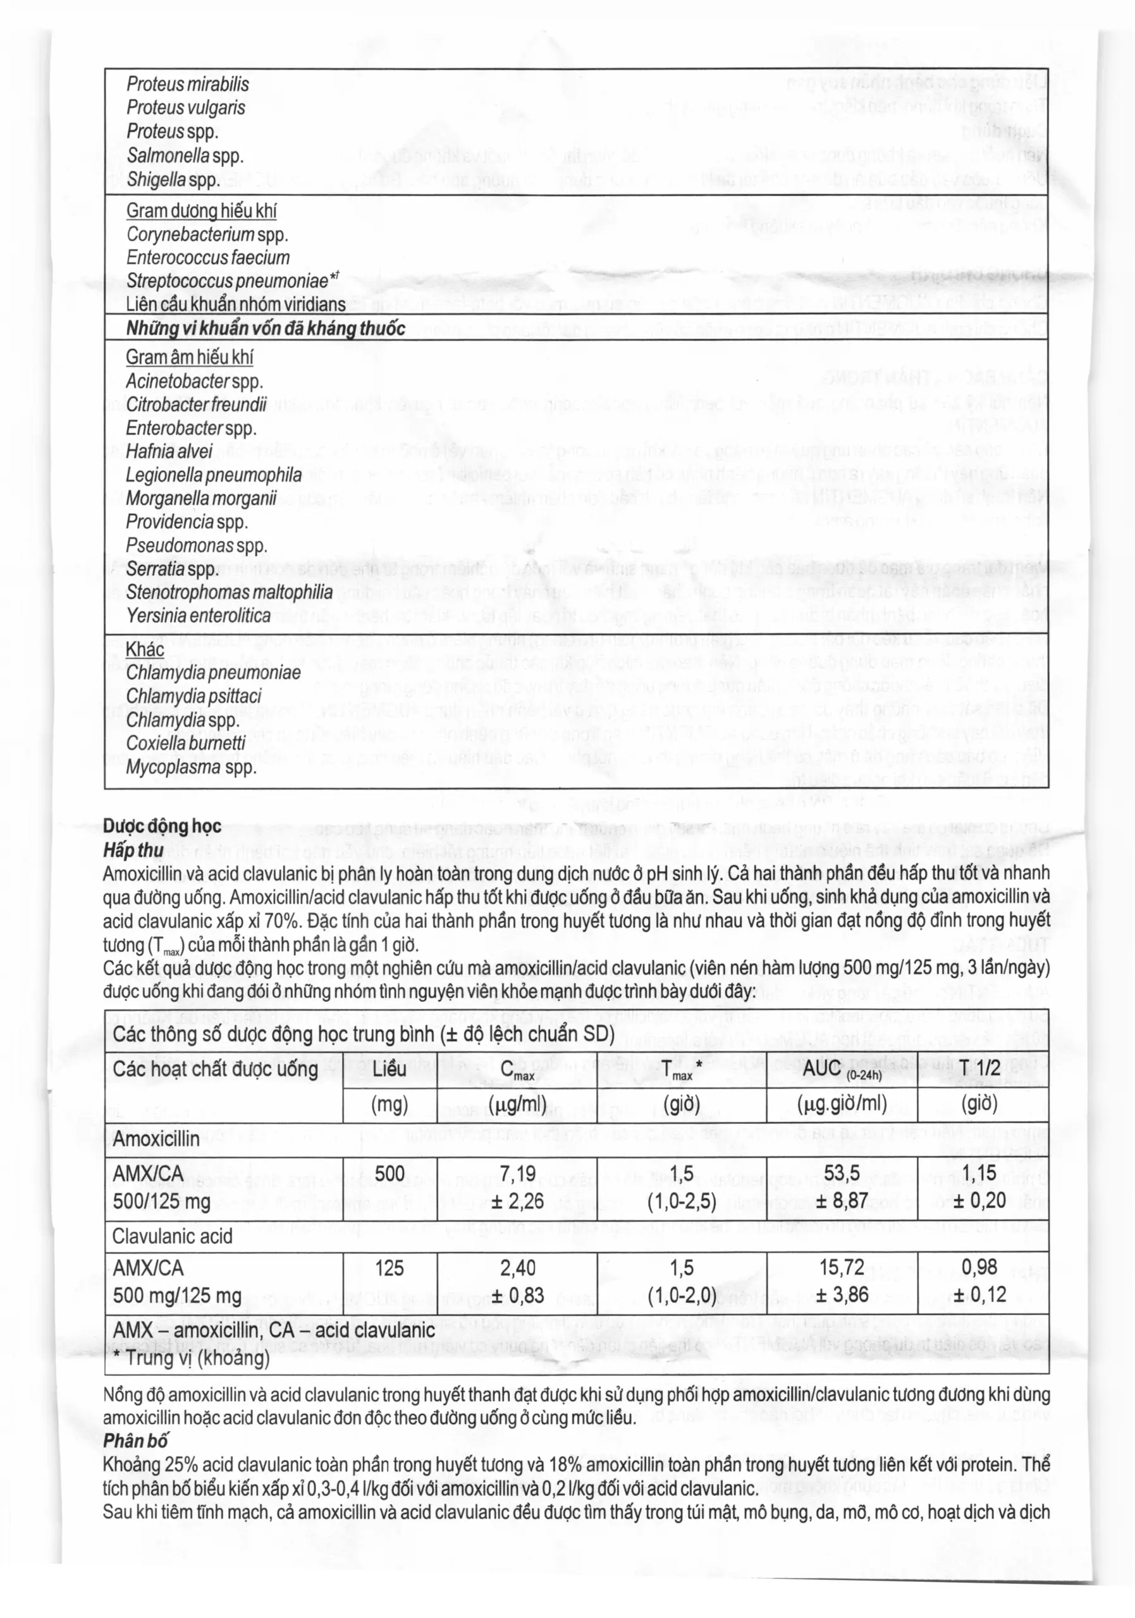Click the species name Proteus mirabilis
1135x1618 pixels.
pos(188,85)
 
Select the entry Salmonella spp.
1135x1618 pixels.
pos(185,155)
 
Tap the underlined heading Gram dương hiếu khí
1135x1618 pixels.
pos(201,210)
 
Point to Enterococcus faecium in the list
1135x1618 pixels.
pos(208,258)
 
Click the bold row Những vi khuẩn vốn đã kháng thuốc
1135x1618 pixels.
pos(266,329)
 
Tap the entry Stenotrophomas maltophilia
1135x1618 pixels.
pos(229,592)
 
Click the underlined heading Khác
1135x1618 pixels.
pos(145,649)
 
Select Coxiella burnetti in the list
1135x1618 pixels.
pos(186,743)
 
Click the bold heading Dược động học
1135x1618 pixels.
pos(161,826)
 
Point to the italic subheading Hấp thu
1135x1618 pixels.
pos(133,850)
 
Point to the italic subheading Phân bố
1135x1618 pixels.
pos(135,1440)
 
